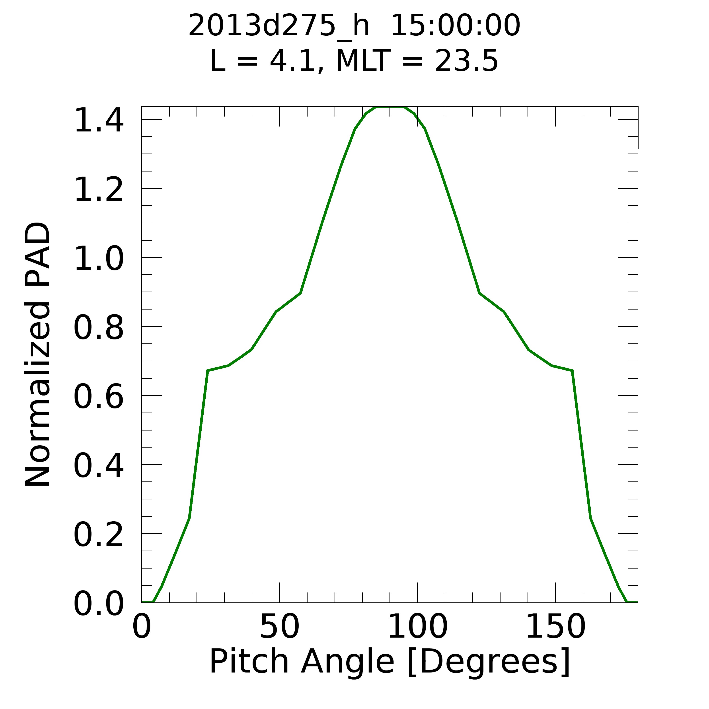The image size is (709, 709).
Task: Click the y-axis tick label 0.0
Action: coord(98,604)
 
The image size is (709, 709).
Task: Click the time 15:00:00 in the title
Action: coord(455,26)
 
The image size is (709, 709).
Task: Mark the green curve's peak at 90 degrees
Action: coord(390,107)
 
